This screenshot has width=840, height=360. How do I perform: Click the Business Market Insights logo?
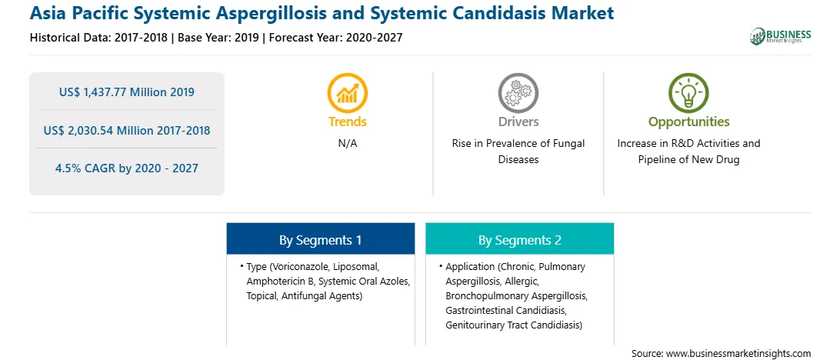(x=780, y=36)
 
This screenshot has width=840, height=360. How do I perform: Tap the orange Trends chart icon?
(x=347, y=92)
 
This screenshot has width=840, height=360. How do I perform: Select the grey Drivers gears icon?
(x=518, y=92)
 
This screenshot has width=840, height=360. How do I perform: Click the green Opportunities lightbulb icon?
(x=688, y=92)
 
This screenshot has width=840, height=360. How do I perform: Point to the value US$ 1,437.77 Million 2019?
(x=126, y=92)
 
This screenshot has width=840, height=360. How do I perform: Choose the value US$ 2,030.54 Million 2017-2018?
(x=126, y=130)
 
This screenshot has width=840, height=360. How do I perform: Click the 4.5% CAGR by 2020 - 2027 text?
(x=126, y=168)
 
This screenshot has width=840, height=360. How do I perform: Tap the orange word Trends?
(x=348, y=122)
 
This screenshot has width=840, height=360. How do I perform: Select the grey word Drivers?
(x=518, y=122)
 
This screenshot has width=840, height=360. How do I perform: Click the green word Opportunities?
(x=689, y=122)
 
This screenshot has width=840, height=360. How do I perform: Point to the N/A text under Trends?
(x=348, y=144)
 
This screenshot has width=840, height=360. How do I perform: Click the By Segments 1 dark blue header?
(x=320, y=239)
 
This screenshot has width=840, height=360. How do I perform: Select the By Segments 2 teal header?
(x=520, y=239)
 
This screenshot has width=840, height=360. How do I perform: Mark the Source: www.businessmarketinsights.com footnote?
(x=721, y=353)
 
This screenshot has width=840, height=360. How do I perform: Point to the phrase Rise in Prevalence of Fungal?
(x=518, y=144)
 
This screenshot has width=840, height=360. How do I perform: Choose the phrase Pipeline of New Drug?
(x=688, y=160)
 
